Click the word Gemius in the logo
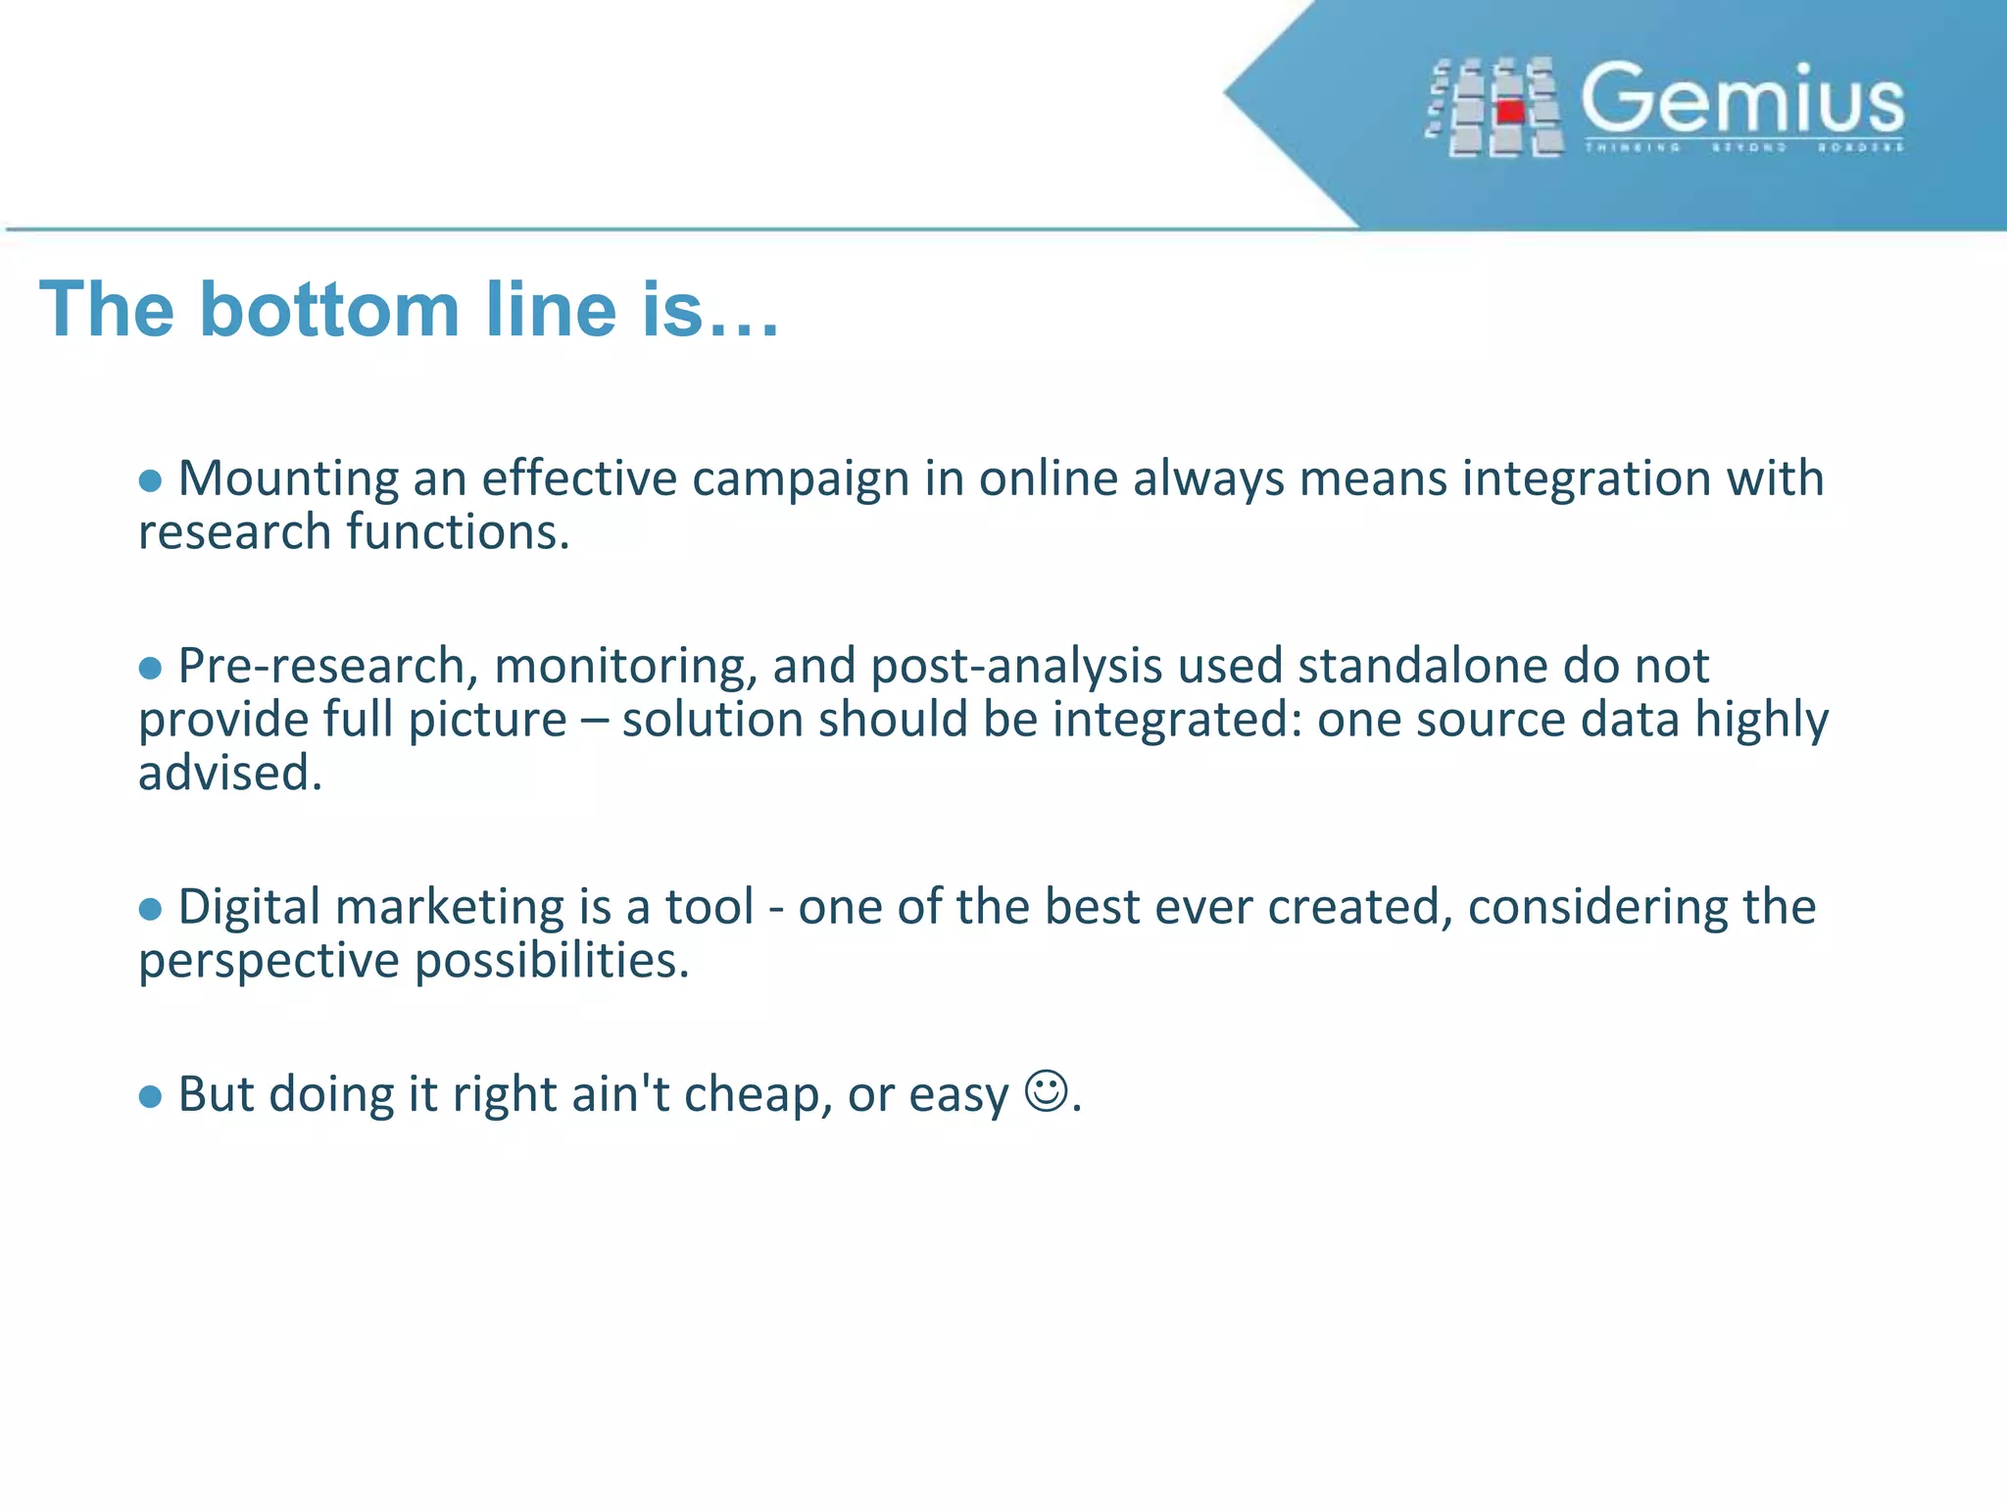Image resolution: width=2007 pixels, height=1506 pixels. pyautogui.click(x=1742, y=98)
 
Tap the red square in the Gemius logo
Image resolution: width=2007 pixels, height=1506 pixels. pyautogui.click(x=1510, y=112)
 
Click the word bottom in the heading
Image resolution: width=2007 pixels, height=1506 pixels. pyautogui.click(x=329, y=310)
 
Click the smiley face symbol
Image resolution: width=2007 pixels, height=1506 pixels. pyautogui.click(x=1046, y=1090)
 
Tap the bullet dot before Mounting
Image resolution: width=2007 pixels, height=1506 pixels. pyautogui.click(x=150, y=480)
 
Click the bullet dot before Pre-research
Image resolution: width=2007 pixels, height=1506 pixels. pyautogui.click(x=150, y=668)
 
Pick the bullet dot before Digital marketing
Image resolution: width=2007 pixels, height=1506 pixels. pyautogui.click(x=150, y=909)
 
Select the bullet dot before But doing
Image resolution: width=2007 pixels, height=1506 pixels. pyautogui.click(x=150, y=1096)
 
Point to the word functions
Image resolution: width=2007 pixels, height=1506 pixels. pyautogui.click(x=458, y=532)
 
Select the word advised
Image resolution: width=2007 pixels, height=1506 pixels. pyautogui.click(x=229, y=773)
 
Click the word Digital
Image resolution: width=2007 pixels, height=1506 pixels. pyautogui.click(x=249, y=908)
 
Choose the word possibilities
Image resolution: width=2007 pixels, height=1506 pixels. pyautogui.click(x=552, y=961)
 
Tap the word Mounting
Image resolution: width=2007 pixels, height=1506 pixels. pyautogui.click(x=287, y=480)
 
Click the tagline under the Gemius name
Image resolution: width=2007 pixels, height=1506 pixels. pyautogui.click(x=1743, y=147)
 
